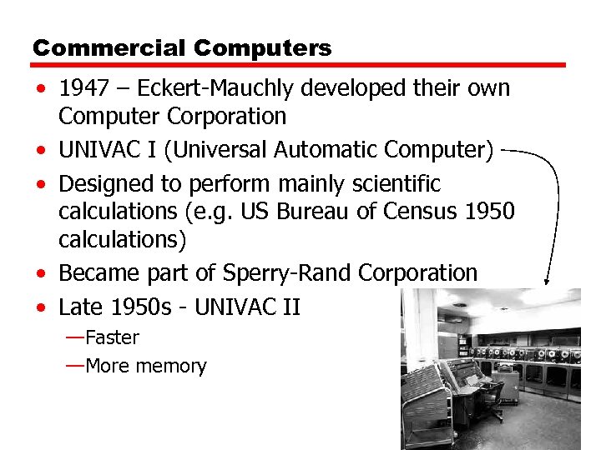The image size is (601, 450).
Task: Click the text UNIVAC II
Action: point(246,307)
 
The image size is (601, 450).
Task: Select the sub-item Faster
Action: point(112,337)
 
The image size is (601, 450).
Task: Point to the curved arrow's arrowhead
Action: point(548,282)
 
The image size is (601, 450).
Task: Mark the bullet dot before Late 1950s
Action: point(41,307)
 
